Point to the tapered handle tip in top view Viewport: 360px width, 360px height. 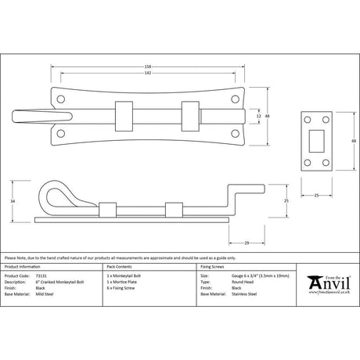tap(30, 115)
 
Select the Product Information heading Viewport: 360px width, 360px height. tap(23, 266)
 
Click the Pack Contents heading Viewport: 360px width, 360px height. tap(118, 266)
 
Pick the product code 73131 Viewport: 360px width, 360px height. tap(45, 275)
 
